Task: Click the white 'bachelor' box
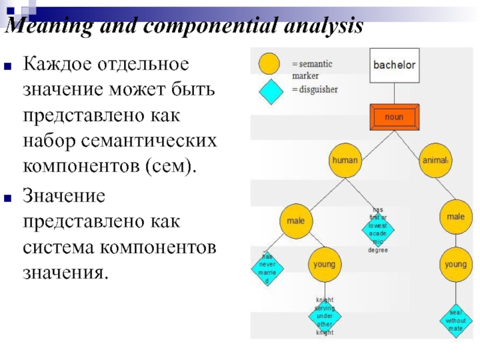coord(394,65)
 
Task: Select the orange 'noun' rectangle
coord(394,117)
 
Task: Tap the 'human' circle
coord(345,160)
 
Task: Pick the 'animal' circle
coord(436,160)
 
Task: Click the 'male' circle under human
coord(296,221)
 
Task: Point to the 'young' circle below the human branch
coord(325,264)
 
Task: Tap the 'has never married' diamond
coord(267,268)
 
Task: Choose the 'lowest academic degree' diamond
coord(378,229)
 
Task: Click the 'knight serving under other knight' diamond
coord(325,316)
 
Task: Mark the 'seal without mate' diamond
coord(455,320)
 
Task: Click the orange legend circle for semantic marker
coord(268,63)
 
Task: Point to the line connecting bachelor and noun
coord(394,93)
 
